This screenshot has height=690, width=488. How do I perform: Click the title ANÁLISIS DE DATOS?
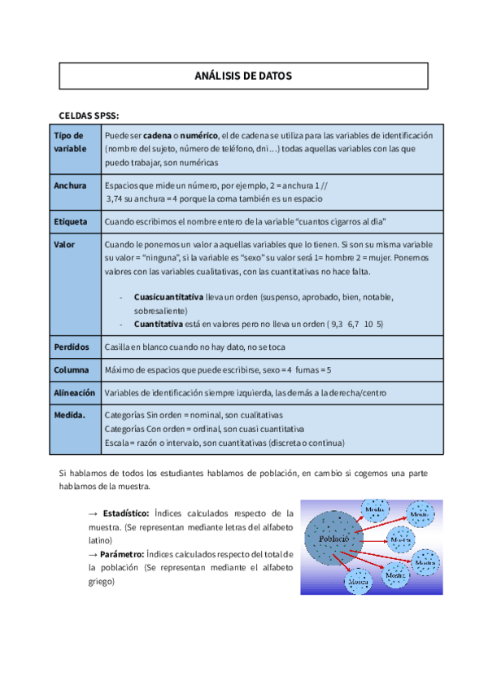pyautogui.click(x=243, y=76)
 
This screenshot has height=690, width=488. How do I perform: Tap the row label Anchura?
pyautogui.click(x=70, y=186)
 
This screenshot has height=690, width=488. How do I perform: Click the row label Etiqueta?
pyautogui.click(x=71, y=221)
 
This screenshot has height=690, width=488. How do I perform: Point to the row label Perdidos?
pyautogui.click(x=72, y=347)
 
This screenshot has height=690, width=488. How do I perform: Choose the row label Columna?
pyautogui.click(x=72, y=370)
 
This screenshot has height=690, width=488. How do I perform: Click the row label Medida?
pyautogui.click(x=70, y=414)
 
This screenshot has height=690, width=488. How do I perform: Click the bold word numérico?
pyautogui.click(x=198, y=135)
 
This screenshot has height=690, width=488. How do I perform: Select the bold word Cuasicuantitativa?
pyautogui.click(x=168, y=297)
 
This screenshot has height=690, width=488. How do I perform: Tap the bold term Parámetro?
pyautogui.click(x=123, y=554)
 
